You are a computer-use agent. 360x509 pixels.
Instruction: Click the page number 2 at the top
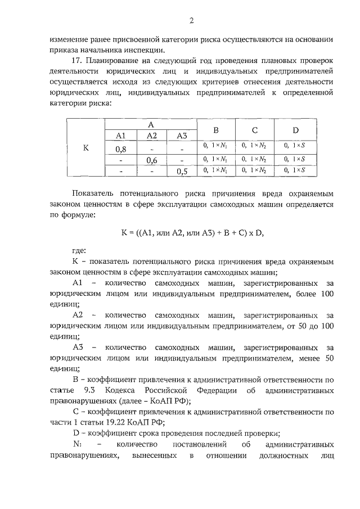(x=191, y=21)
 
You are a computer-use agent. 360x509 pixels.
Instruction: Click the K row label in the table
(x=86, y=148)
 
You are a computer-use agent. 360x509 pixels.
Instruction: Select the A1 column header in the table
(x=121, y=136)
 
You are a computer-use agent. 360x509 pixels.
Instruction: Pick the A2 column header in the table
(x=151, y=136)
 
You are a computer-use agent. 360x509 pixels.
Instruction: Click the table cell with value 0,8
(x=121, y=149)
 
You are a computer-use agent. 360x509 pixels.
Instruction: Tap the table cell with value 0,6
(x=151, y=160)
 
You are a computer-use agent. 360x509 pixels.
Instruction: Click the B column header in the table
(x=215, y=130)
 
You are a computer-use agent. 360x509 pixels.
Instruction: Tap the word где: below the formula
(x=80, y=251)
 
